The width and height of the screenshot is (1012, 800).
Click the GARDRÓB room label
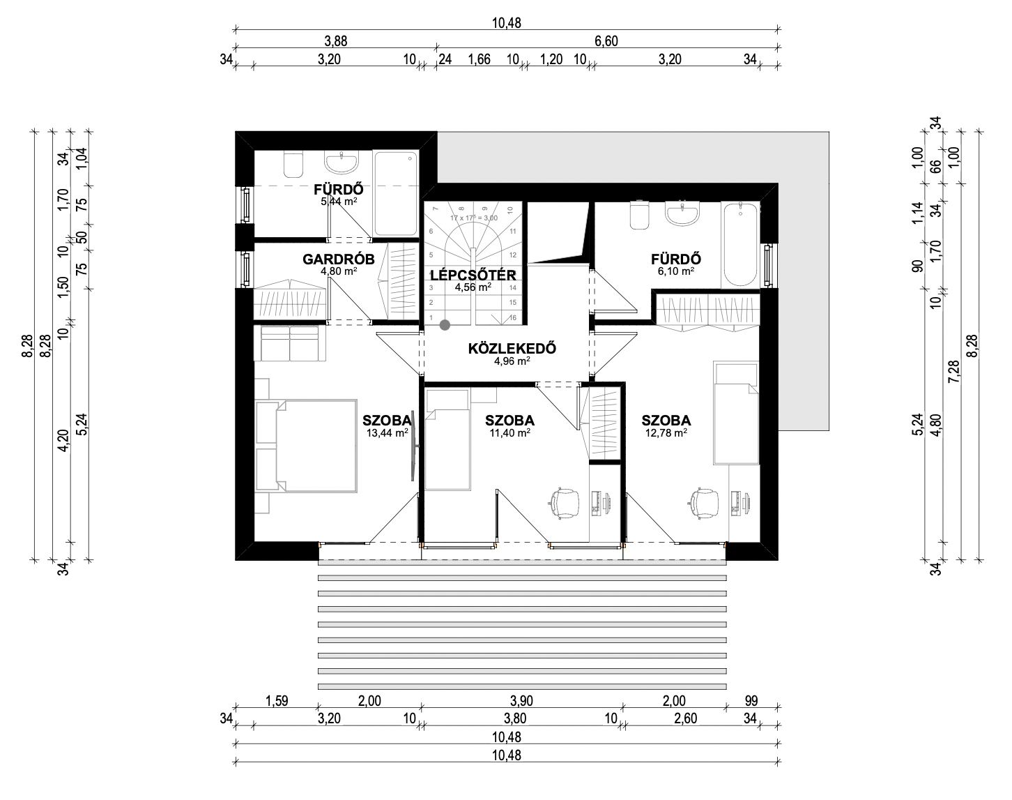pos(339,259)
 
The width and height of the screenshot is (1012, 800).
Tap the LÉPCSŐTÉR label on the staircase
pos(473,276)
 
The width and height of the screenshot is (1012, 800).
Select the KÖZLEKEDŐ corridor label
pos(512,349)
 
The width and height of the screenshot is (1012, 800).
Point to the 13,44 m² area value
pos(387,432)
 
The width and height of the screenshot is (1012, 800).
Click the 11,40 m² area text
pos(510,432)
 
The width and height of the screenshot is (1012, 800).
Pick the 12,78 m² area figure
pos(666,432)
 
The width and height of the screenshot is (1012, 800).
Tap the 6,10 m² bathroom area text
pos(676,271)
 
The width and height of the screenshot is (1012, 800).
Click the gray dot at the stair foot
pos(445,325)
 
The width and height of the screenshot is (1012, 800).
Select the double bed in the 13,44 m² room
pos(306,446)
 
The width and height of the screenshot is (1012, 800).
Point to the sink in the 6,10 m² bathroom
pos(682,214)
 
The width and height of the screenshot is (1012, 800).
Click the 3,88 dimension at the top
pos(336,41)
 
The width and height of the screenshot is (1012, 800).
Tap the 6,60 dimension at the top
pos(606,41)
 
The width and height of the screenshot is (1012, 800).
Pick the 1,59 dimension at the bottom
pos(277,701)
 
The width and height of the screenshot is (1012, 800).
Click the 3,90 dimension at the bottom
pos(521,701)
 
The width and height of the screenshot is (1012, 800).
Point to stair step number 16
pos(513,317)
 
